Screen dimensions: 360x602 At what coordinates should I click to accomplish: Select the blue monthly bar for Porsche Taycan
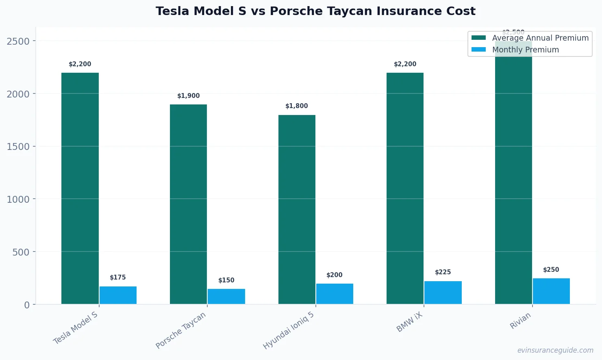[226, 296]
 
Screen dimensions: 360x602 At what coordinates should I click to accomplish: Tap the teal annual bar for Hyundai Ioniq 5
[297, 209]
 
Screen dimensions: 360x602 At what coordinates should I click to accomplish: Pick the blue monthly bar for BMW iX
[443, 293]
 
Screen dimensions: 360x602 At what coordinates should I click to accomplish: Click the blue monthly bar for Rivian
[551, 291]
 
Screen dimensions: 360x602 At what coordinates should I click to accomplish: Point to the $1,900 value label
[189, 96]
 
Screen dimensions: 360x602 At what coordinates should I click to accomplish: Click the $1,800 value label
[297, 106]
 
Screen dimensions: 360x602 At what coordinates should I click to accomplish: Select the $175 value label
[118, 278]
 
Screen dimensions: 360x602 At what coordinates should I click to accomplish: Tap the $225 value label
[443, 272]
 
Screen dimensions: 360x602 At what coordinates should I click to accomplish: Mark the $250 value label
[551, 270]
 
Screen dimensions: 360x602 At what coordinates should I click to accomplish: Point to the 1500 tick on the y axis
[18, 147]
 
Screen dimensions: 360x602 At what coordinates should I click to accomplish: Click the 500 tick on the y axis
[21, 252]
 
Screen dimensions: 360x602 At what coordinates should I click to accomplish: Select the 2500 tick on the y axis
[18, 41]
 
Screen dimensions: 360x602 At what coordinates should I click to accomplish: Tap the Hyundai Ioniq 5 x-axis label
[289, 330]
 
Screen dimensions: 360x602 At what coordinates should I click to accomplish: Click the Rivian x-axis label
[520, 321]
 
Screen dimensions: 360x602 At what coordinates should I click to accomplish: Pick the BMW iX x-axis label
[410, 322]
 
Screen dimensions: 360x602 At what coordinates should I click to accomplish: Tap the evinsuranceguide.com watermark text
[555, 350]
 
